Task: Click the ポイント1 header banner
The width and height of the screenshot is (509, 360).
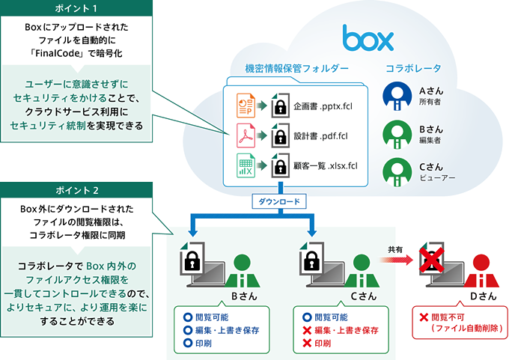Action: coord(77,9)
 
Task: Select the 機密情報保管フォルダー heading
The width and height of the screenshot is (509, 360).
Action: coord(296,69)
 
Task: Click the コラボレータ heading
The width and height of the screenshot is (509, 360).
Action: coord(412,69)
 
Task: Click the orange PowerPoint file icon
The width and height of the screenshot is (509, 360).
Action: coord(245,104)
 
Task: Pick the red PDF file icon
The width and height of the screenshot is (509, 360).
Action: coord(245,136)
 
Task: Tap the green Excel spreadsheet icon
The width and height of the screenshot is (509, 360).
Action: coord(245,166)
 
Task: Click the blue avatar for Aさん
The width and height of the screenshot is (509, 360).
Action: coord(396,96)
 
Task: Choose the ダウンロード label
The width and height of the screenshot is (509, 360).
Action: coord(280,202)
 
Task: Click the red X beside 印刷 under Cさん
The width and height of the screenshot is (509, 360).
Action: coord(305,344)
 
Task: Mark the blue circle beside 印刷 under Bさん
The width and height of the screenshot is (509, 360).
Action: coord(187,344)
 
